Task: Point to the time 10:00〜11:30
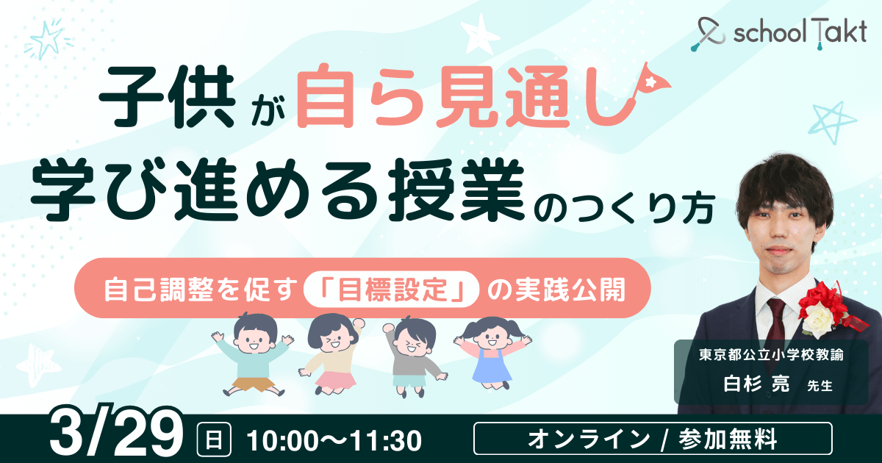point(334,440)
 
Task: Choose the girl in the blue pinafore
point(491,352)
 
